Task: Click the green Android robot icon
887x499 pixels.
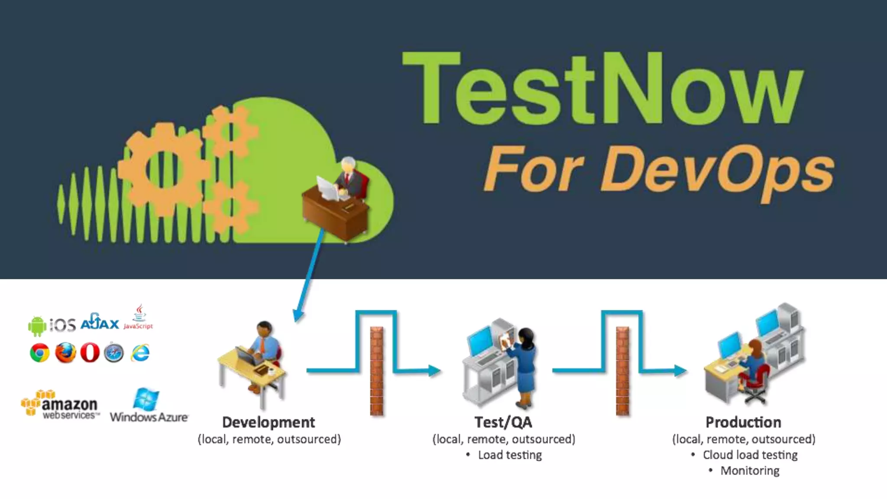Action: (37, 326)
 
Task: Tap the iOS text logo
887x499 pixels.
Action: (63, 324)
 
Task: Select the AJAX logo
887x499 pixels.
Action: (100, 322)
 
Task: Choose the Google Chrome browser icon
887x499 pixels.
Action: (39, 353)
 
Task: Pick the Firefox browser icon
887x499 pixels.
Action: (65, 353)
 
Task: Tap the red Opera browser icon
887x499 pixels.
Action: (90, 353)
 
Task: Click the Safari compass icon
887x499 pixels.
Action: (114, 353)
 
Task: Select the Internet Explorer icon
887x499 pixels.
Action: (141, 353)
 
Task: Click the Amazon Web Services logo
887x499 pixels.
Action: (60, 405)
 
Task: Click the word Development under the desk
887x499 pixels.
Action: (269, 422)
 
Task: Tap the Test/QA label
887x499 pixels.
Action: (503, 422)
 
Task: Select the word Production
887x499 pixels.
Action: (743, 422)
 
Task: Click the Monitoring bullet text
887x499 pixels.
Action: (750, 471)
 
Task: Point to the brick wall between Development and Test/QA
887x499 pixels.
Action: (377, 371)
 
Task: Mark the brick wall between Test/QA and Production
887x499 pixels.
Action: (622, 371)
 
